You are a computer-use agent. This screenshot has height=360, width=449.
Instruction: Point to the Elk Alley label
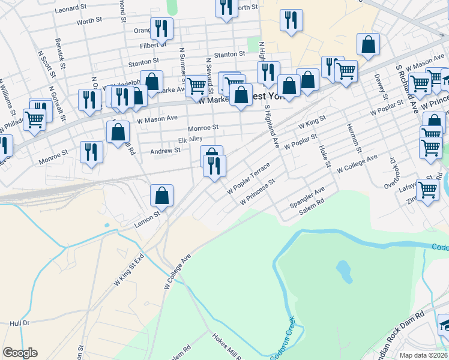[190, 140]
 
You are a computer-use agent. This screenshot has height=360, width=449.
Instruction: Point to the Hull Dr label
[20, 323]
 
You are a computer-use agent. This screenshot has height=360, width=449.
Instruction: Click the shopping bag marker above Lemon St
[161, 194]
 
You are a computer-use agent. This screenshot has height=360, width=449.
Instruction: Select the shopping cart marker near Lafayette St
[427, 190]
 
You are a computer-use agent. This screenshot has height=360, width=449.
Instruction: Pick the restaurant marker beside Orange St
[161, 28]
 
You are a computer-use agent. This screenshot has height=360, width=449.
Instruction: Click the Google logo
[20, 353]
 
